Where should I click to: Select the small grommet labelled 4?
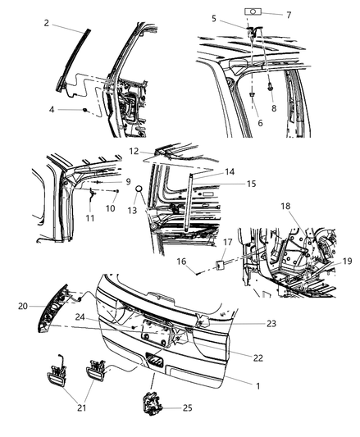coord(86,109)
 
